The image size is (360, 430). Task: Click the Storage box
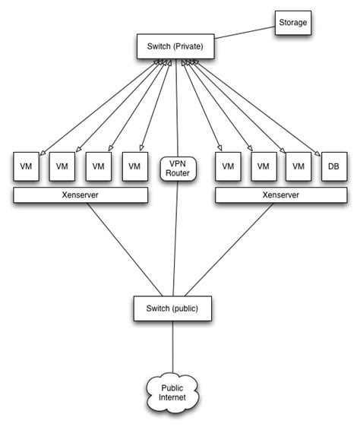[x=293, y=22]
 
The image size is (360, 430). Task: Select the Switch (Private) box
[x=175, y=46]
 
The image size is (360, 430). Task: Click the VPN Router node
[x=177, y=168]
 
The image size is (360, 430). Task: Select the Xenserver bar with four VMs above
[x=80, y=196]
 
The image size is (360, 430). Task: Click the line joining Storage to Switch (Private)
[x=244, y=35]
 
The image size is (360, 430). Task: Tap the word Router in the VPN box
[x=177, y=173]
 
